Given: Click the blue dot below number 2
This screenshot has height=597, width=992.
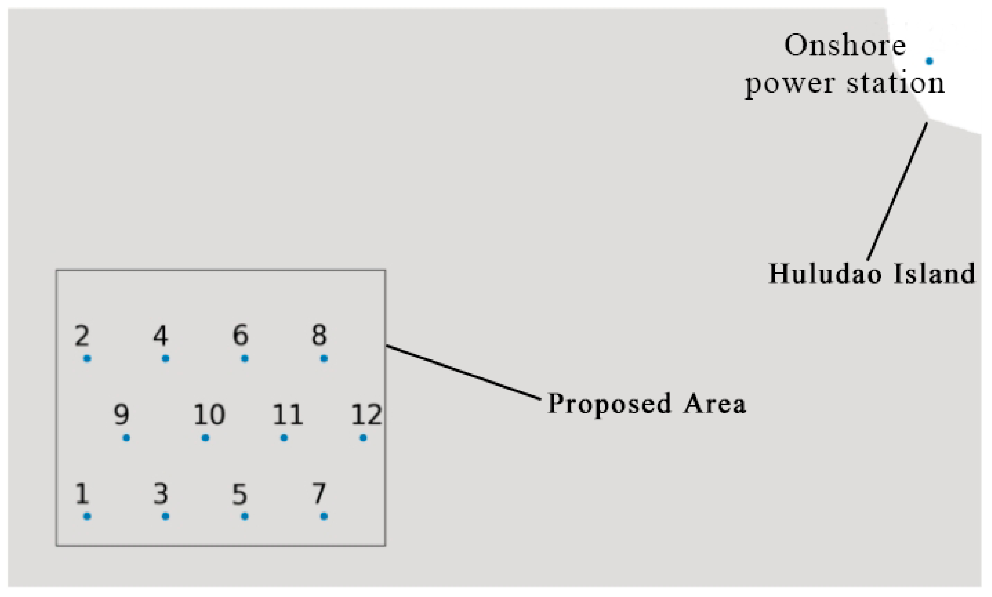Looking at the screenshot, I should pos(87,358).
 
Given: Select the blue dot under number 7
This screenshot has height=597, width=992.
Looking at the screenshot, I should pos(324,516).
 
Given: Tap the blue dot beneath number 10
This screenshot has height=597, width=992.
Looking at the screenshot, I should pos(205,437).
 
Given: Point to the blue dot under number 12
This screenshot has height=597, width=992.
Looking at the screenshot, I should pos(363,437).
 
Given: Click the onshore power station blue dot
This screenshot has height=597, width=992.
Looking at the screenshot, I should pos(929,61).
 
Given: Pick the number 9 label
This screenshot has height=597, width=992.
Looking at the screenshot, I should pos(121,414).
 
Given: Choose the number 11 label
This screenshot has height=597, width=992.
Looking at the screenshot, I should pos(287,414).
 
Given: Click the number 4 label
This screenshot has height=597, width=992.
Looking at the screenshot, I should pos(161,335).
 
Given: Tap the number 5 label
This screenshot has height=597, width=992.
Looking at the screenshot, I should pos(240,493).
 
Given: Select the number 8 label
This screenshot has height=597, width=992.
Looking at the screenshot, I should pos(319,335).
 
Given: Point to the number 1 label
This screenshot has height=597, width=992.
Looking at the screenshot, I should pos(82,493).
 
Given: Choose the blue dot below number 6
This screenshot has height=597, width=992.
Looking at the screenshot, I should pos(244,358).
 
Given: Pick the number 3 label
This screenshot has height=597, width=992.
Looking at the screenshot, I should pos(161,493).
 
